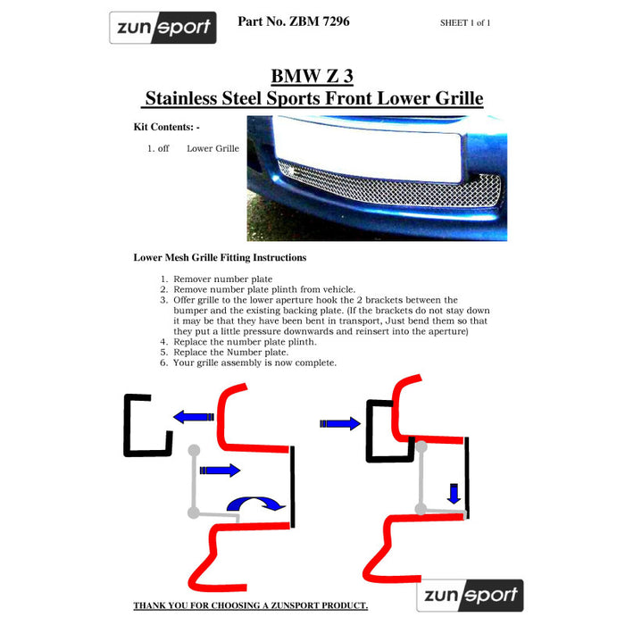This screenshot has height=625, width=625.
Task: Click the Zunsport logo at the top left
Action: pyautogui.click(x=162, y=28)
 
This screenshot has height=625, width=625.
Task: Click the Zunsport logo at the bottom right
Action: pyautogui.click(x=470, y=595)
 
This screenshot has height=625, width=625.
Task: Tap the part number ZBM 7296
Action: pyautogui.click(x=293, y=21)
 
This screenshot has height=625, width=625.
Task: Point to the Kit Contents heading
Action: pyautogui.click(x=166, y=127)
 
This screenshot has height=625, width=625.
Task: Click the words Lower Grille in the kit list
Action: pyautogui.click(x=212, y=148)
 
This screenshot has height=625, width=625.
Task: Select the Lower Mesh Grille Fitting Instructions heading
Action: pyautogui.click(x=220, y=257)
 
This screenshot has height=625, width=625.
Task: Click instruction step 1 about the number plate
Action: pyautogui.click(x=211, y=279)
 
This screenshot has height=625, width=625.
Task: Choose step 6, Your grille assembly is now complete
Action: pyautogui.click(x=254, y=362)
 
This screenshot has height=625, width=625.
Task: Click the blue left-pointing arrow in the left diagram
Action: pyautogui.click(x=193, y=417)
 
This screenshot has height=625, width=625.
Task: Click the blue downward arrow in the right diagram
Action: pyautogui.click(x=454, y=492)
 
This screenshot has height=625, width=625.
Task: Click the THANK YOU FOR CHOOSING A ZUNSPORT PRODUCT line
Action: pyautogui.click(x=250, y=605)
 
